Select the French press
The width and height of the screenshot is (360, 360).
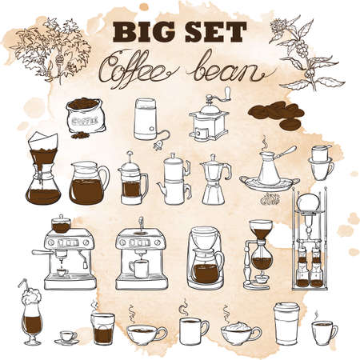pyautogui.click(x=132, y=180)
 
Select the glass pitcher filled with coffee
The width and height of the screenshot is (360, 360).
pyautogui.click(x=89, y=183)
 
